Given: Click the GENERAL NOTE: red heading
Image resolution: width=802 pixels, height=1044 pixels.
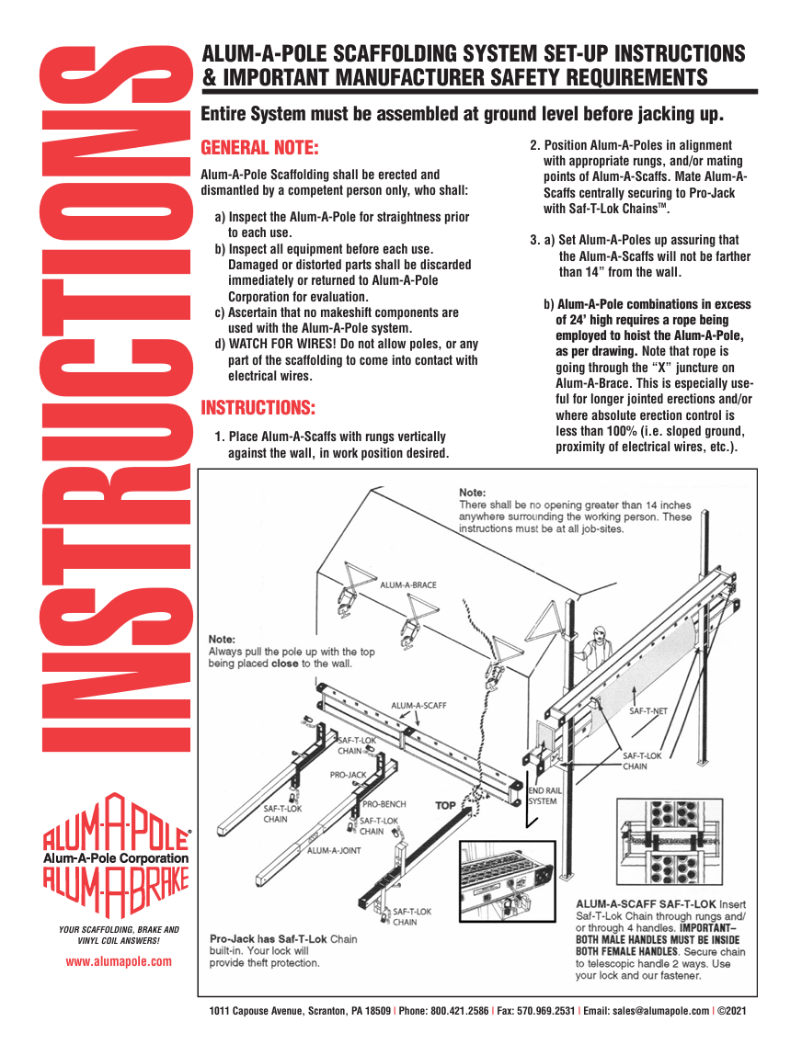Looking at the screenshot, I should (x=259, y=148).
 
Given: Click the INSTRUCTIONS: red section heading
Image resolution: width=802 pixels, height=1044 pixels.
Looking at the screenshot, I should (x=258, y=407).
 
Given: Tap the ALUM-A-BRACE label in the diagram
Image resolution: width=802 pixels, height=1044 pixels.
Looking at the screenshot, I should (x=407, y=584).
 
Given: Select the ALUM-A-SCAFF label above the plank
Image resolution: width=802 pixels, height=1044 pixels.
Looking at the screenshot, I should (x=418, y=706).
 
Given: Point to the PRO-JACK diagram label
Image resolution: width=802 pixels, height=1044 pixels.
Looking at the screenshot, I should (x=348, y=776).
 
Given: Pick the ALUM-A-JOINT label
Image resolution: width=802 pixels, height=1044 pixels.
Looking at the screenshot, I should (x=334, y=850).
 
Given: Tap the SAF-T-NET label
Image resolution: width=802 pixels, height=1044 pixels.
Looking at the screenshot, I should (x=648, y=710).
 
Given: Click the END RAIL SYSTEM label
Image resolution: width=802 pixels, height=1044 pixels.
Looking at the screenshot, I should (x=542, y=795).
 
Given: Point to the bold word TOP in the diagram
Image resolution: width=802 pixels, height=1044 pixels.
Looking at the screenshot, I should (x=445, y=806).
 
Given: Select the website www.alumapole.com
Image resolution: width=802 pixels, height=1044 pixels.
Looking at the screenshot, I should (x=119, y=961).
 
